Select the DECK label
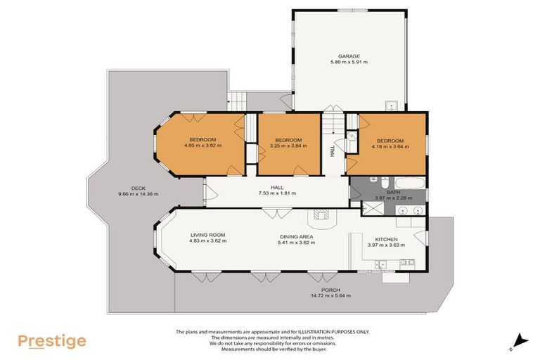tap(127, 188)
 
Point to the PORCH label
tap(330, 290)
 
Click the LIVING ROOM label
tap(207, 235)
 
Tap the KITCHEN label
tap(387, 239)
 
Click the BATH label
tap(393, 192)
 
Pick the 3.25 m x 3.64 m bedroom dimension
tap(288, 146)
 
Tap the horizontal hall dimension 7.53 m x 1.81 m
tap(277, 193)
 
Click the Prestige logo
tap(52, 341)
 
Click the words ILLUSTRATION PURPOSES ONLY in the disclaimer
tap(333, 331)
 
